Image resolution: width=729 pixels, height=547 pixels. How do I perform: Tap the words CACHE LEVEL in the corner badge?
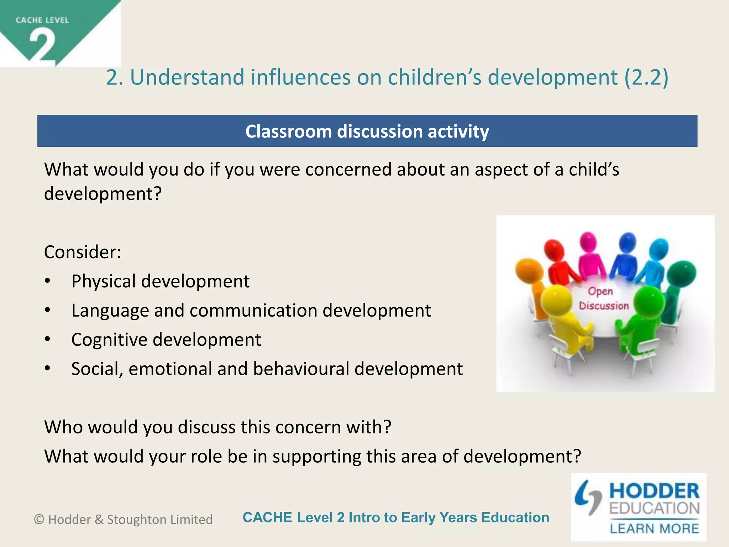tap(42, 20)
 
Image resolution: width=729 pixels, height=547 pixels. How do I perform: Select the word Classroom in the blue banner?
tap(288, 131)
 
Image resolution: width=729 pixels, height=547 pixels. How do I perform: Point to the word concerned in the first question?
tap(348, 170)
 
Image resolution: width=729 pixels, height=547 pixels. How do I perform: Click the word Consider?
tap(83, 252)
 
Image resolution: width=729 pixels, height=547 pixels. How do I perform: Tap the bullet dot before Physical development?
tap(48, 281)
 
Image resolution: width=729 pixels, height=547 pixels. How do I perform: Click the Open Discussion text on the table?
tap(603, 298)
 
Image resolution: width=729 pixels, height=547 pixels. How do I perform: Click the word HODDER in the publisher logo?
tap(654, 491)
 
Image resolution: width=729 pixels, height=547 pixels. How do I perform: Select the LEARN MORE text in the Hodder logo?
tap(654, 528)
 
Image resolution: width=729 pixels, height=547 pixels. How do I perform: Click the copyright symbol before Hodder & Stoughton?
tap(39, 520)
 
